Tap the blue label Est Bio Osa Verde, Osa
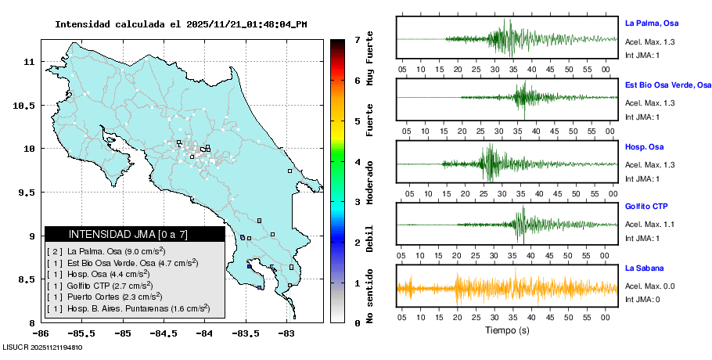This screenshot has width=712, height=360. [668, 85]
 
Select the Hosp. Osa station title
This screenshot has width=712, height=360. [645, 146]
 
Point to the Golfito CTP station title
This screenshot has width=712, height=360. [646, 207]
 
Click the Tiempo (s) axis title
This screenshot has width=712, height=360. [507, 330]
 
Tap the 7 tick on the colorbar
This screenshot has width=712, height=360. [357, 39]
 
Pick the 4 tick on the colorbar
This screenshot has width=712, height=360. [357, 162]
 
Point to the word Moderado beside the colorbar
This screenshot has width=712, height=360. [370, 182]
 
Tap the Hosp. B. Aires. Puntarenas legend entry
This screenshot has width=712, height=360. [128, 308]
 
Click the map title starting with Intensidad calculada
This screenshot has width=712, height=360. [181, 24]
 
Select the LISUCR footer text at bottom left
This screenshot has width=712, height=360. [43, 347]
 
